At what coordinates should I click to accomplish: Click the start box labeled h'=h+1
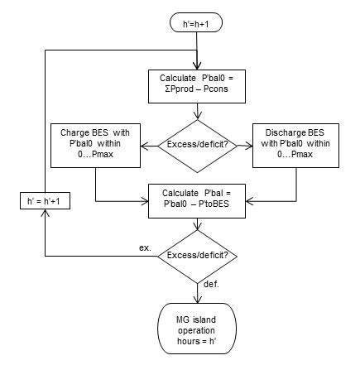pos(197,23)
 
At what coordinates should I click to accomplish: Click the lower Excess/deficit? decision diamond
pos(198,257)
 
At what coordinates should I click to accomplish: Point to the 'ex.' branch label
pos(142,248)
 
